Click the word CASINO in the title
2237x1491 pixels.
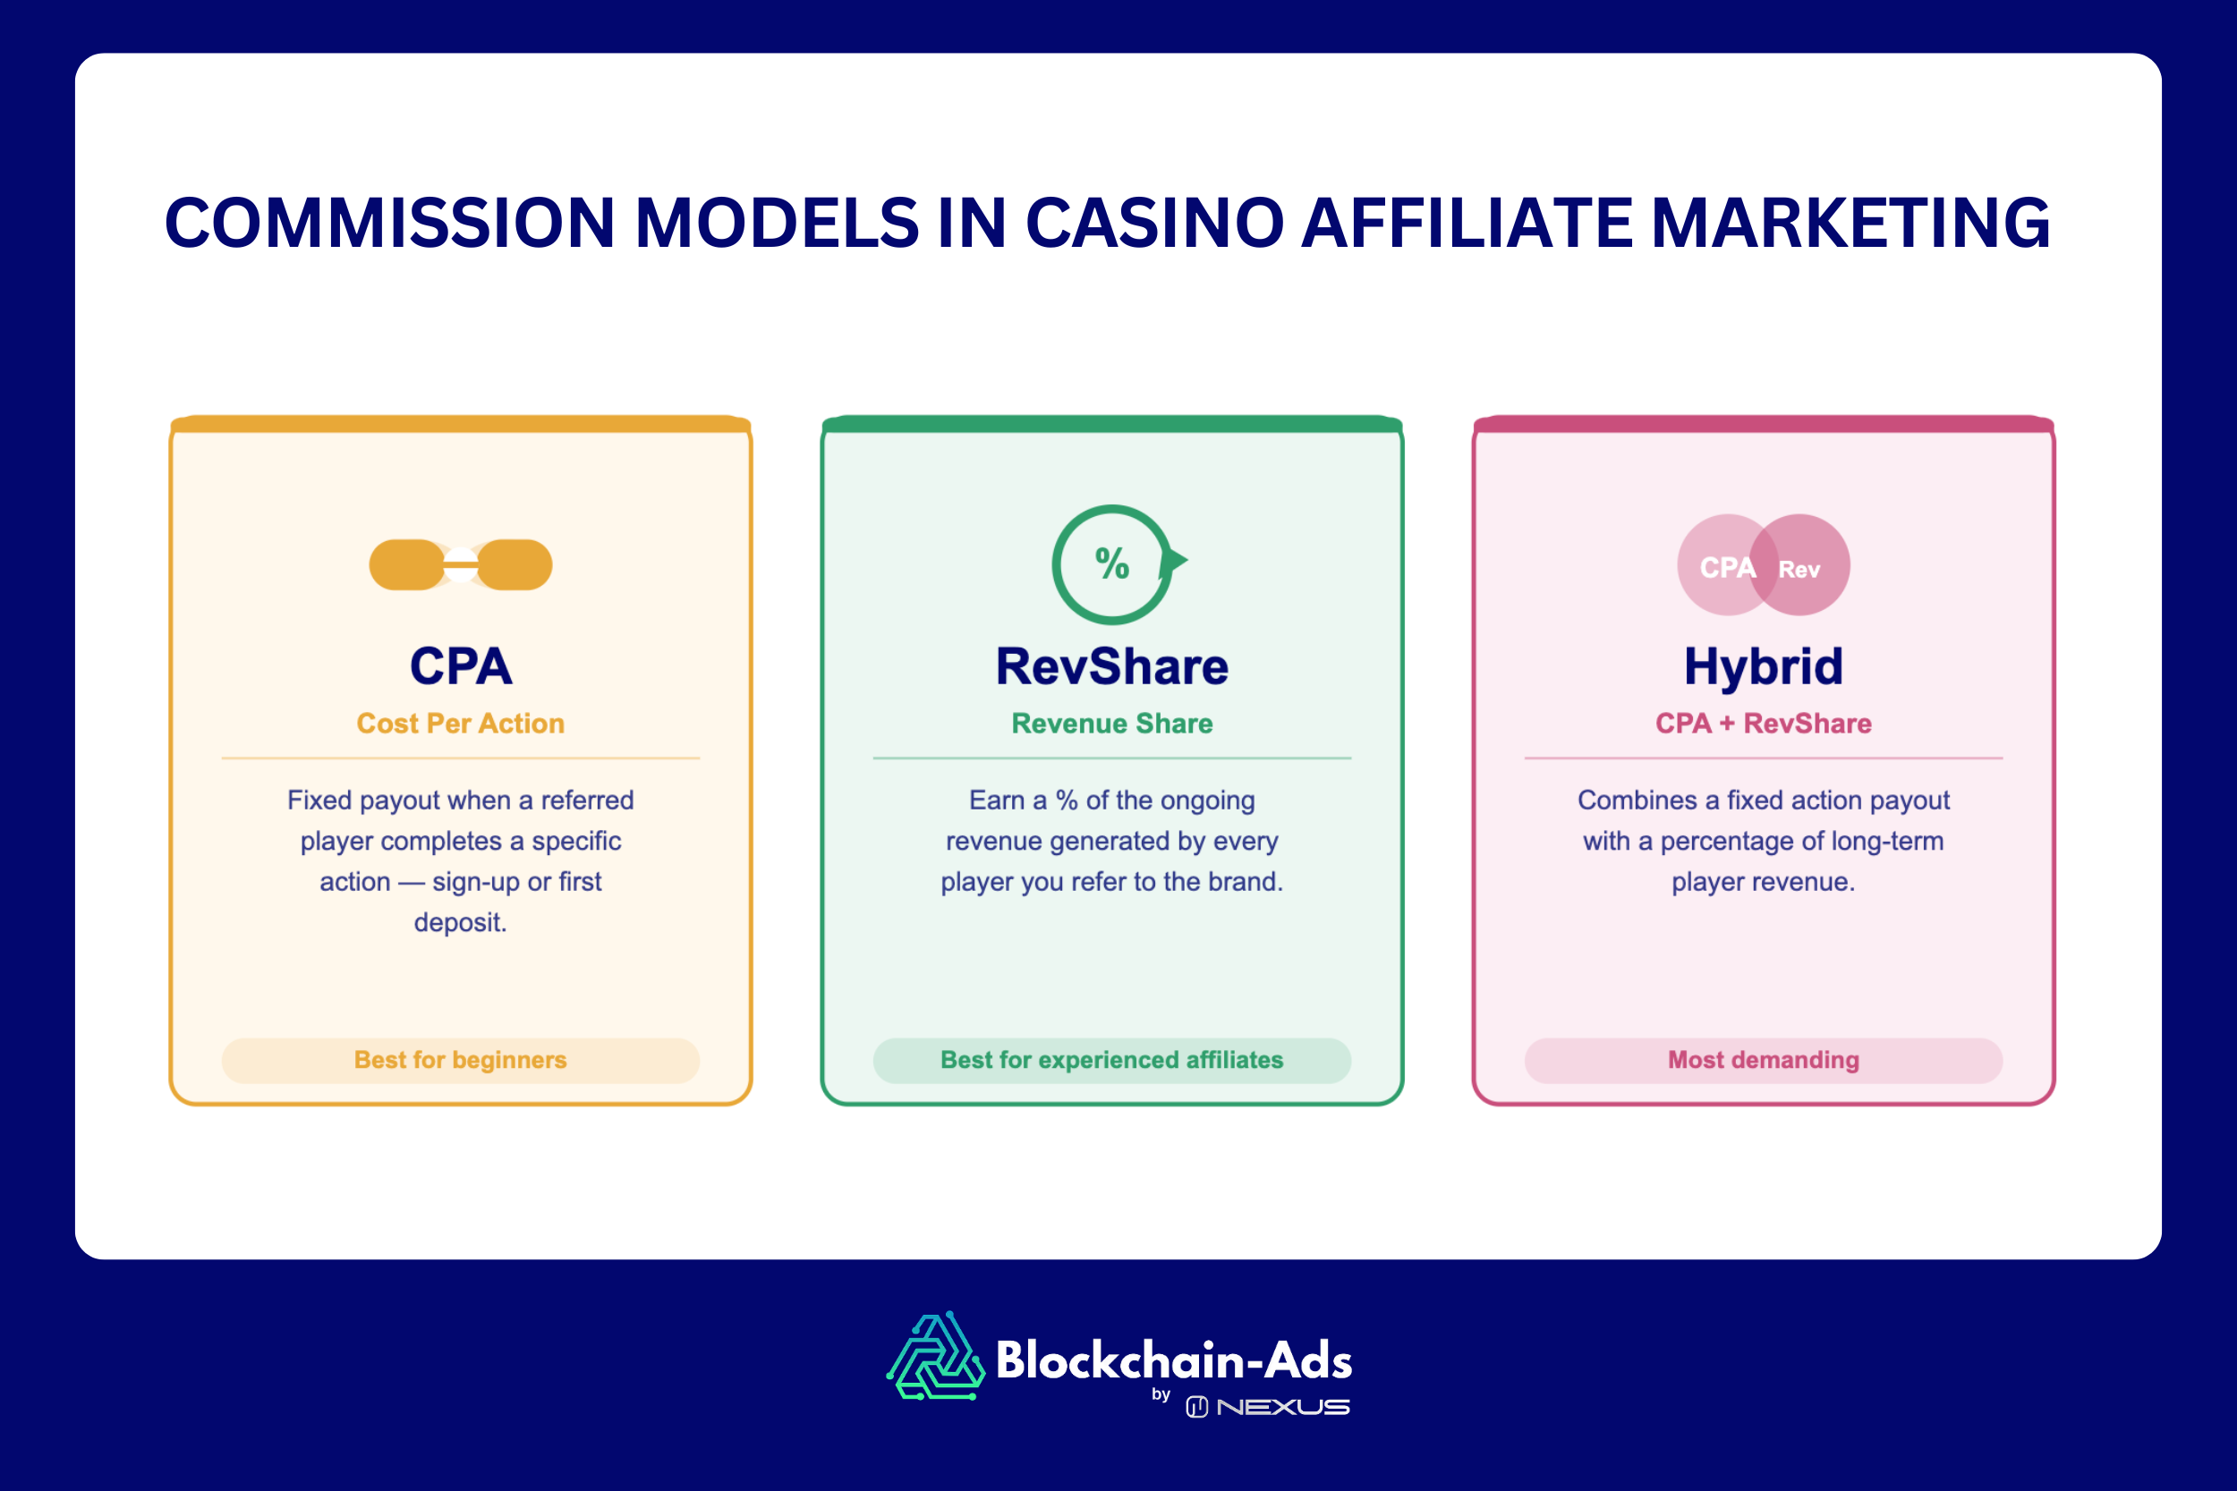(x=1154, y=224)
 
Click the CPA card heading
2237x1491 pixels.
(x=460, y=665)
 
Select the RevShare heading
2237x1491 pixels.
(x=1112, y=665)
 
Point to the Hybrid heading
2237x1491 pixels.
(x=1764, y=665)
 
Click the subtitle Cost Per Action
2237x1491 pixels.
(x=460, y=724)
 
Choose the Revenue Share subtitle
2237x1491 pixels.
(x=1112, y=724)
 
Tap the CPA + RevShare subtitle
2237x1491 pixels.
(x=1764, y=724)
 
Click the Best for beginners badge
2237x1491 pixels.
(x=460, y=1060)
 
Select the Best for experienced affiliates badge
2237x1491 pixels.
(x=1112, y=1060)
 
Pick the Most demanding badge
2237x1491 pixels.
(x=1764, y=1060)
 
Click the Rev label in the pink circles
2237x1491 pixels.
(x=1799, y=570)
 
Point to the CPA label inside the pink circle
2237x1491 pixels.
(x=1726, y=568)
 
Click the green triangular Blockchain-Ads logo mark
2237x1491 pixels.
(x=936, y=1358)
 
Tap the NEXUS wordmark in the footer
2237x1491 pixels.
(x=1282, y=1407)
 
